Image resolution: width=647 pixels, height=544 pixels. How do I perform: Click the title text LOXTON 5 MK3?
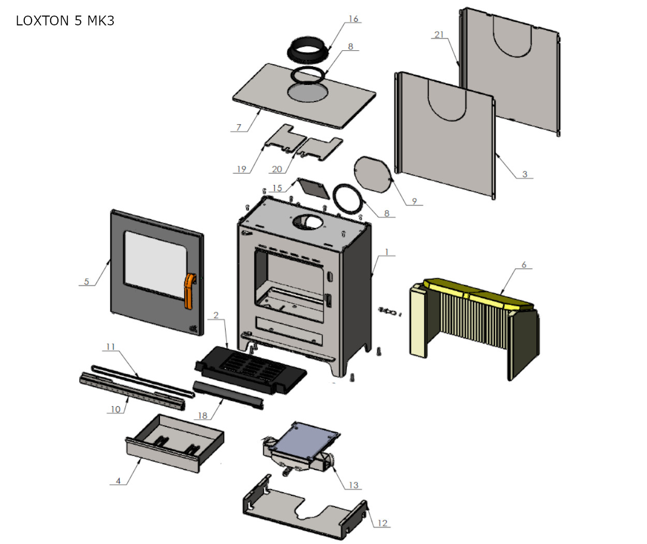65,21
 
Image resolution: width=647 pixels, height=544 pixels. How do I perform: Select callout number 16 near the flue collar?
353,19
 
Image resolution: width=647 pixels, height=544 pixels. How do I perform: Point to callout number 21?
439,35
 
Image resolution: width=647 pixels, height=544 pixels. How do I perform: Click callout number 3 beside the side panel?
524,174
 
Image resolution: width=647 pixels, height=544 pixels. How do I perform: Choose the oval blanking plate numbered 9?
372,174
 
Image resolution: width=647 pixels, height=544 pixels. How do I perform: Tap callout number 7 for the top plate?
239,127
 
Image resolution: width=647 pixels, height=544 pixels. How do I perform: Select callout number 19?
241,169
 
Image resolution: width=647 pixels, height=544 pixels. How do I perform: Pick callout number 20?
277,169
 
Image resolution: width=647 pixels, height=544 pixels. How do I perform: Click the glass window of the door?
154,263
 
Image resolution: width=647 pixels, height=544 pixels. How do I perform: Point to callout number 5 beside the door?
86,281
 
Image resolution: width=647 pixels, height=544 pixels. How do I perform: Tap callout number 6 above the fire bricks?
524,265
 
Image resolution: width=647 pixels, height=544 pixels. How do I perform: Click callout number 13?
353,485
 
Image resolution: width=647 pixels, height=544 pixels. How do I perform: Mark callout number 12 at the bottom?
382,523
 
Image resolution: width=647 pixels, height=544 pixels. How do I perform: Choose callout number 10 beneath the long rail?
115,409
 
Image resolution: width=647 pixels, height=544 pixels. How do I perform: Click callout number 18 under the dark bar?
202,416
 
